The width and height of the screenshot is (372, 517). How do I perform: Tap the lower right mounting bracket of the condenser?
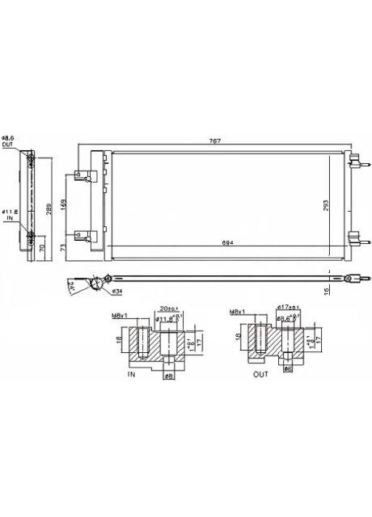pos(353,237)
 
